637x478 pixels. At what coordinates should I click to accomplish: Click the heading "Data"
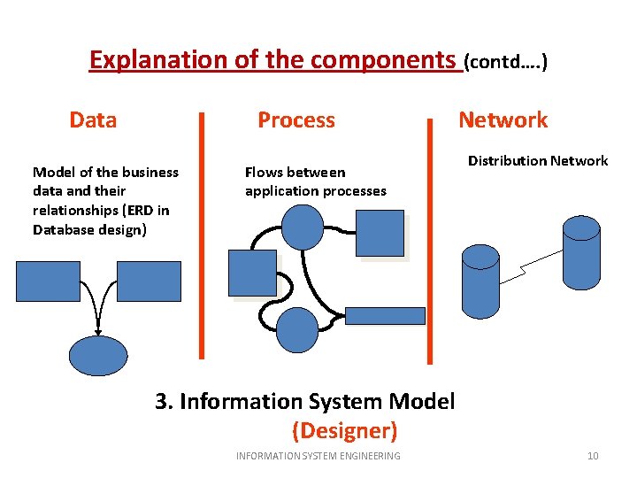click(93, 119)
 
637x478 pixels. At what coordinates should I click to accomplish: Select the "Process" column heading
click(295, 119)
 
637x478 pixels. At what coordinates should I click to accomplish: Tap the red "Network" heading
click(503, 119)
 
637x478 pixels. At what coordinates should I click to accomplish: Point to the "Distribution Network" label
click(537, 160)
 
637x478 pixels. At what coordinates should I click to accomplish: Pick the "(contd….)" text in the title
click(506, 61)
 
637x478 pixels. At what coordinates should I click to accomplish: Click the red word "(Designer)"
click(344, 431)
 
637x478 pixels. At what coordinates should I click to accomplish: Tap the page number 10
click(593, 456)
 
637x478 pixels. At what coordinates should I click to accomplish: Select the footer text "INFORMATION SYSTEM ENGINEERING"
click(318, 456)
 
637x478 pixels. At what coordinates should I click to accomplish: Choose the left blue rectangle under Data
click(48, 281)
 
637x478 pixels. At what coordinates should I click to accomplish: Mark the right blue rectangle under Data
click(149, 281)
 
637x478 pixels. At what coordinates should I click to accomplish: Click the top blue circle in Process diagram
click(305, 225)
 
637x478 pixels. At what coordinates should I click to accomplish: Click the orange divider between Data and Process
click(203, 235)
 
